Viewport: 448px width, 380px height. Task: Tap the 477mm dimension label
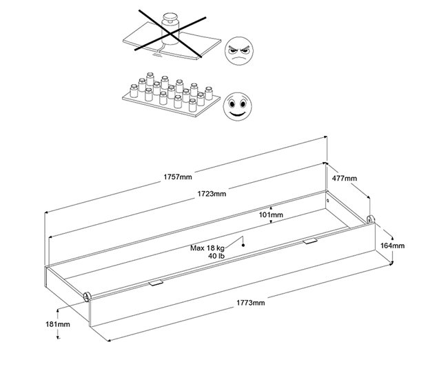[345, 179]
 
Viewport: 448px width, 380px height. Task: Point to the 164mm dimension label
[392, 245]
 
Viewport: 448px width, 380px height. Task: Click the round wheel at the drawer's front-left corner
[87, 297]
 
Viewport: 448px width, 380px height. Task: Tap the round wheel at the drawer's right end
[371, 220]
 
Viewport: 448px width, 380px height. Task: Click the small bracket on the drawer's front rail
[156, 283]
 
